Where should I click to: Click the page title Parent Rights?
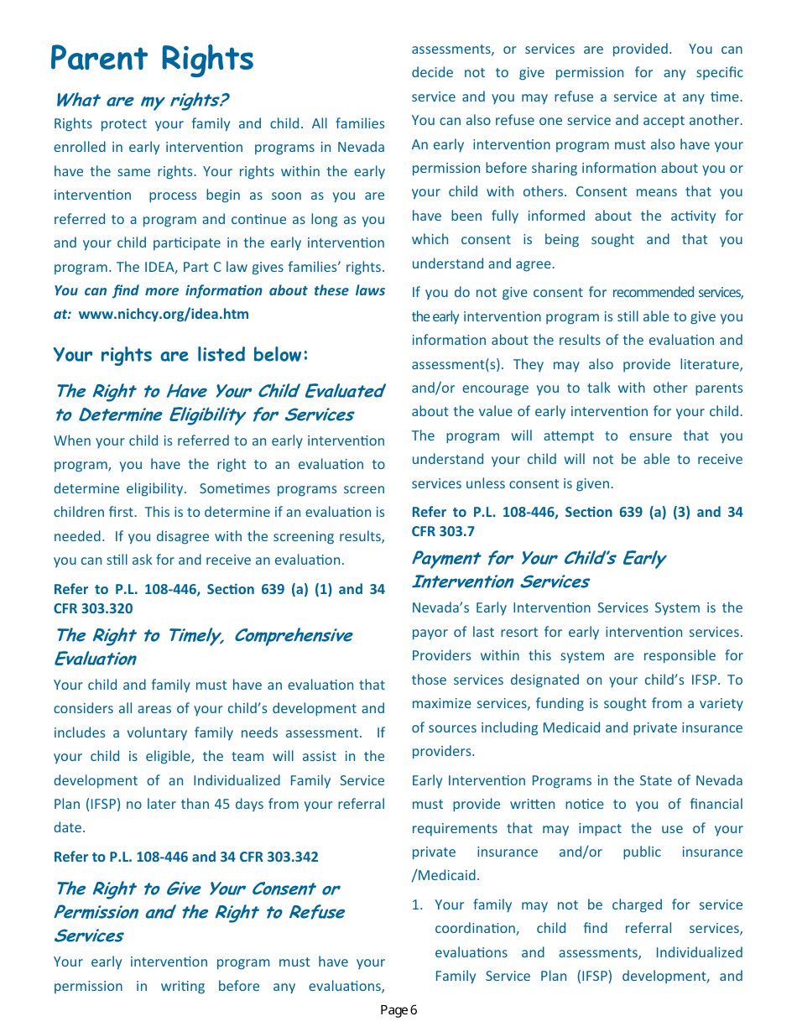tap(152, 59)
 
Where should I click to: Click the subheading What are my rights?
tap(140, 100)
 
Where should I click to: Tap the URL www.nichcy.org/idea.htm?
tap(164, 315)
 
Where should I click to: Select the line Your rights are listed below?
tap(181, 355)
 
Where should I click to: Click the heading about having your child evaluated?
tap(218, 403)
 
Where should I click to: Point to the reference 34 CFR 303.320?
tap(93, 608)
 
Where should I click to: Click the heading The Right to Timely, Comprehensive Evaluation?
tap(202, 647)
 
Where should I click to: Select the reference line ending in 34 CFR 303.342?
tap(186, 857)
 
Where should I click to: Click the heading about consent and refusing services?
tap(199, 912)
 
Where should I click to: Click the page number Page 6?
tap(398, 1009)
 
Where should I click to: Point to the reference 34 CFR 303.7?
tap(443, 531)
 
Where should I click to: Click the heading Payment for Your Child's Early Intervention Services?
tap(537, 570)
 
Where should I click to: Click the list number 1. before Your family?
tap(417, 904)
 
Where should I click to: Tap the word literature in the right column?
tap(711, 364)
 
